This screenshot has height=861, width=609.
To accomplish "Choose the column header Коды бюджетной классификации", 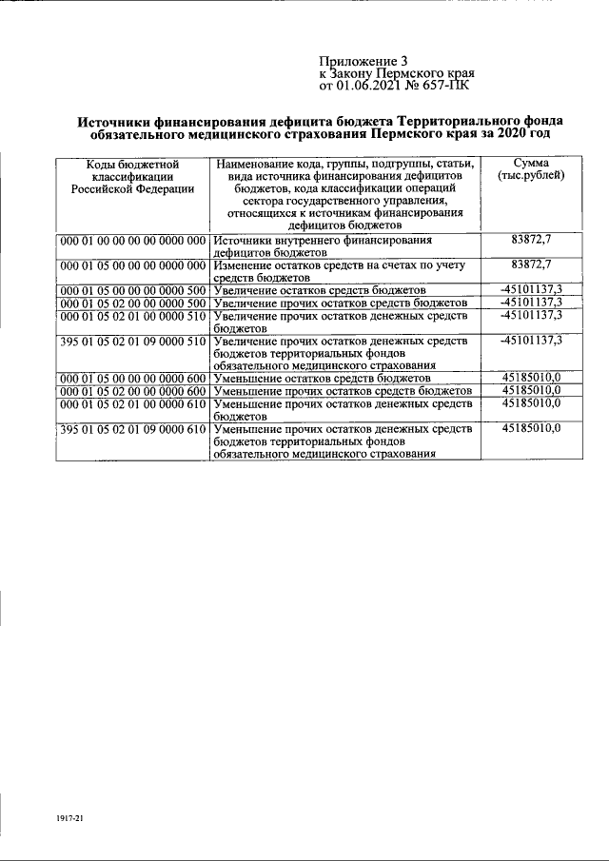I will point(132,176).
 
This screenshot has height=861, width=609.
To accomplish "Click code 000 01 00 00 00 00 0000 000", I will point(132,242).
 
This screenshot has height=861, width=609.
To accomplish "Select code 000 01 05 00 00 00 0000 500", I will point(132,289).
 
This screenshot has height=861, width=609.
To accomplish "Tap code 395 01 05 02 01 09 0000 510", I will point(132,341).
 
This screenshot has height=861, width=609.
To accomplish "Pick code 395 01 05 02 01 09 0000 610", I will point(132,430).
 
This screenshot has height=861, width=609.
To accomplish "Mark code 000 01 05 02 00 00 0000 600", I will point(132,391).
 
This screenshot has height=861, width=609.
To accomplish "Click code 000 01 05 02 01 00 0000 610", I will point(132,404).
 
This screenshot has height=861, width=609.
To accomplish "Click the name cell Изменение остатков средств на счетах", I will point(343,270).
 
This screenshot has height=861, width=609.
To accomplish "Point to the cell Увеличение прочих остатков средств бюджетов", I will point(344,303).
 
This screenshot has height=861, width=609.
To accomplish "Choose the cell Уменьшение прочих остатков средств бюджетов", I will point(344,391).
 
